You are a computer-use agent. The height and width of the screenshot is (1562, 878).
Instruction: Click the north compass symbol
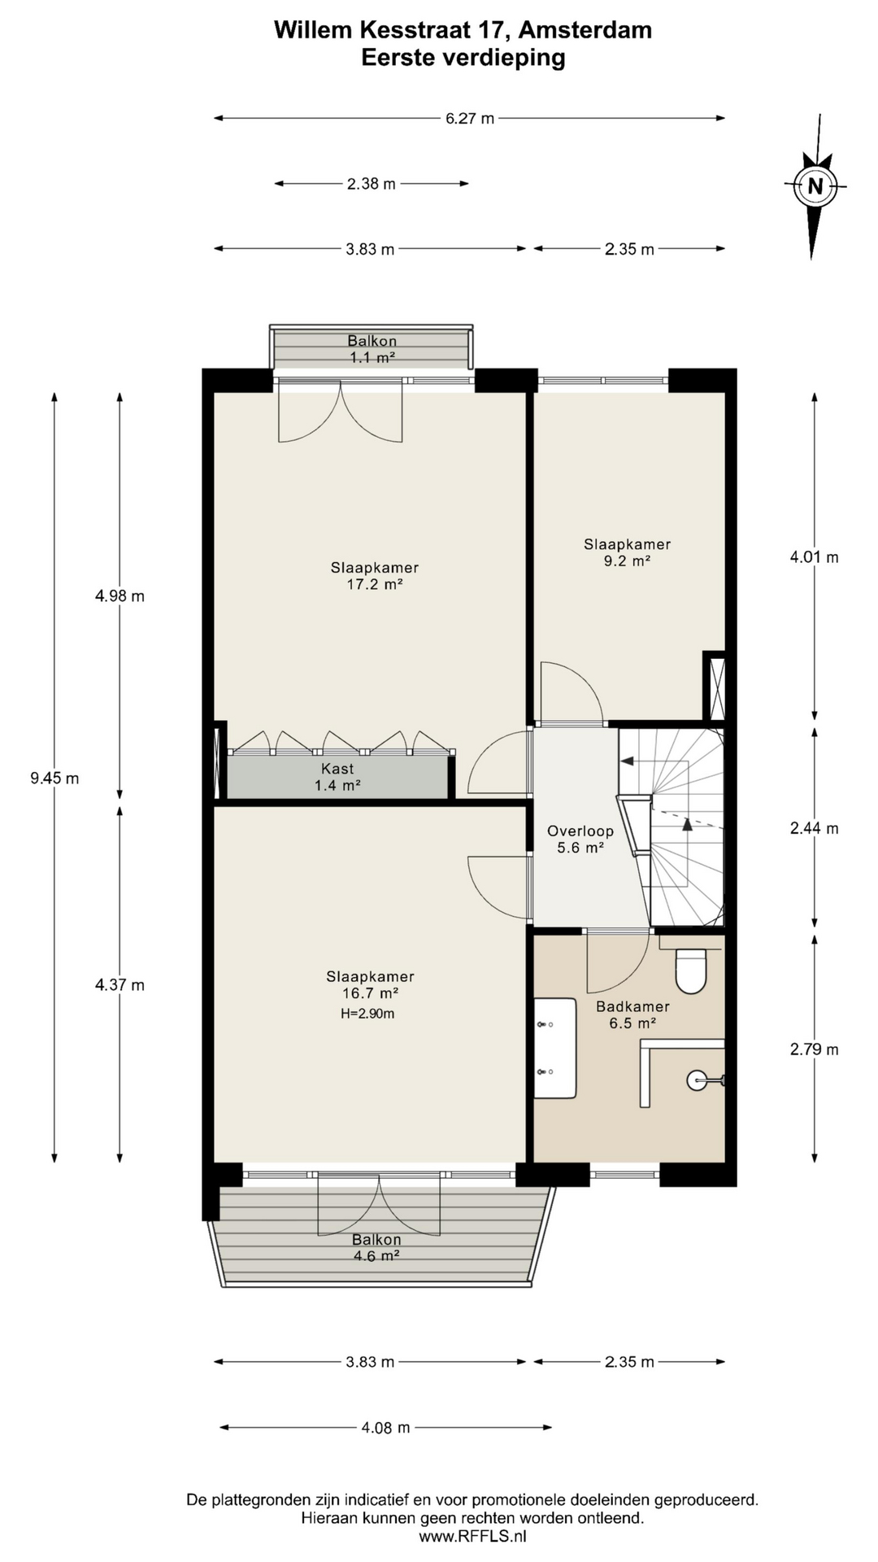(815, 185)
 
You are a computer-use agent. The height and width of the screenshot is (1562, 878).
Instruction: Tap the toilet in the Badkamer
(691, 971)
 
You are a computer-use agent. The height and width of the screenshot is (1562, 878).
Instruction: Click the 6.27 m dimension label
(470, 118)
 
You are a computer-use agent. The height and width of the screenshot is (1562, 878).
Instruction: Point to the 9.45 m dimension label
(54, 778)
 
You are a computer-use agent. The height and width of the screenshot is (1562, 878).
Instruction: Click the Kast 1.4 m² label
(337, 777)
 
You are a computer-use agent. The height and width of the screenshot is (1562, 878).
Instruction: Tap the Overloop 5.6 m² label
(580, 840)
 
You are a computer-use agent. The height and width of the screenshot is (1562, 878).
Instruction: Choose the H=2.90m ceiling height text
(368, 1014)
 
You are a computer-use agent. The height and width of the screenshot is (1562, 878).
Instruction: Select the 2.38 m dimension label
(372, 184)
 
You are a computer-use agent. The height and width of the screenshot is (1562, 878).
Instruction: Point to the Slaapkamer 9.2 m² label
(628, 552)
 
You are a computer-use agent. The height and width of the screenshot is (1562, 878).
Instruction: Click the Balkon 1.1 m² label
(372, 349)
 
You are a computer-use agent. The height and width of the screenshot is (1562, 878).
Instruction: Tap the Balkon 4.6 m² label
(376, 1247)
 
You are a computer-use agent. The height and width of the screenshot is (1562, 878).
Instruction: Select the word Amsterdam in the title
(585, 30)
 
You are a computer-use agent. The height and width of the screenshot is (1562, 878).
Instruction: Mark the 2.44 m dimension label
(815, 828)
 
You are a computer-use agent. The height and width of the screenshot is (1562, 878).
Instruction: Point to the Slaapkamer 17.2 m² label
(375, 576)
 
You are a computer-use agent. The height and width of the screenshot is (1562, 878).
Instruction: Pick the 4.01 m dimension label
(815, 557)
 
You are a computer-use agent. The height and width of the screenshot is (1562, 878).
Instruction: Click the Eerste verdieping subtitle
(463, 58)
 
